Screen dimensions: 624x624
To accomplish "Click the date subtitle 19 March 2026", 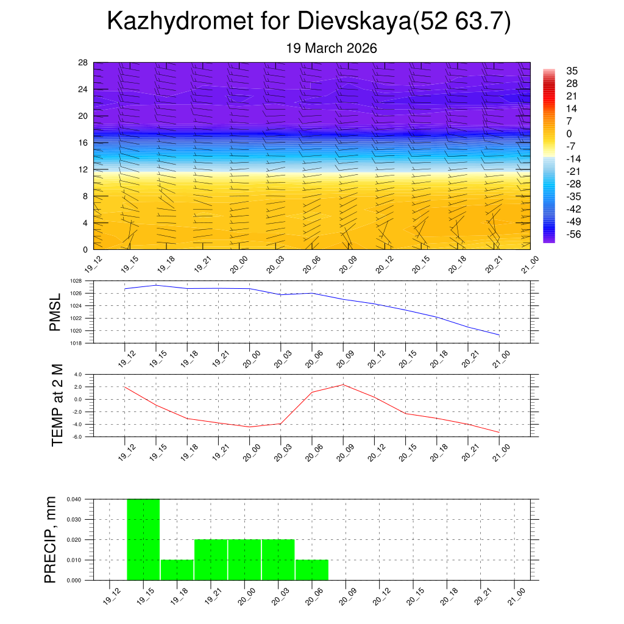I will coord(331,48).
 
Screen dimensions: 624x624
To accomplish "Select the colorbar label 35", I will coord(572,71).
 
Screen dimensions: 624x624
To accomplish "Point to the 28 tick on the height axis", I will coord(83,62).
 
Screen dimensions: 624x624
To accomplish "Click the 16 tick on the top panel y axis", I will coord(83,143).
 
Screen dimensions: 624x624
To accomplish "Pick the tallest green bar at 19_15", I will coord(143,539).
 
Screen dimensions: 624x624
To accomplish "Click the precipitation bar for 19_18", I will coord(177,570).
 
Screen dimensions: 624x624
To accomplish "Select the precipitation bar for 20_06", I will coord(312,570).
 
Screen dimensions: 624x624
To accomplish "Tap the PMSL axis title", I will coord(55,312).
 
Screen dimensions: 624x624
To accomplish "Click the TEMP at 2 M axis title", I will coord(57,405).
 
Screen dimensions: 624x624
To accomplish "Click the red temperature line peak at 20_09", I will coord(343,385).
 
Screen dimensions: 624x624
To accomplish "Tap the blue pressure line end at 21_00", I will coord(499,335).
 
